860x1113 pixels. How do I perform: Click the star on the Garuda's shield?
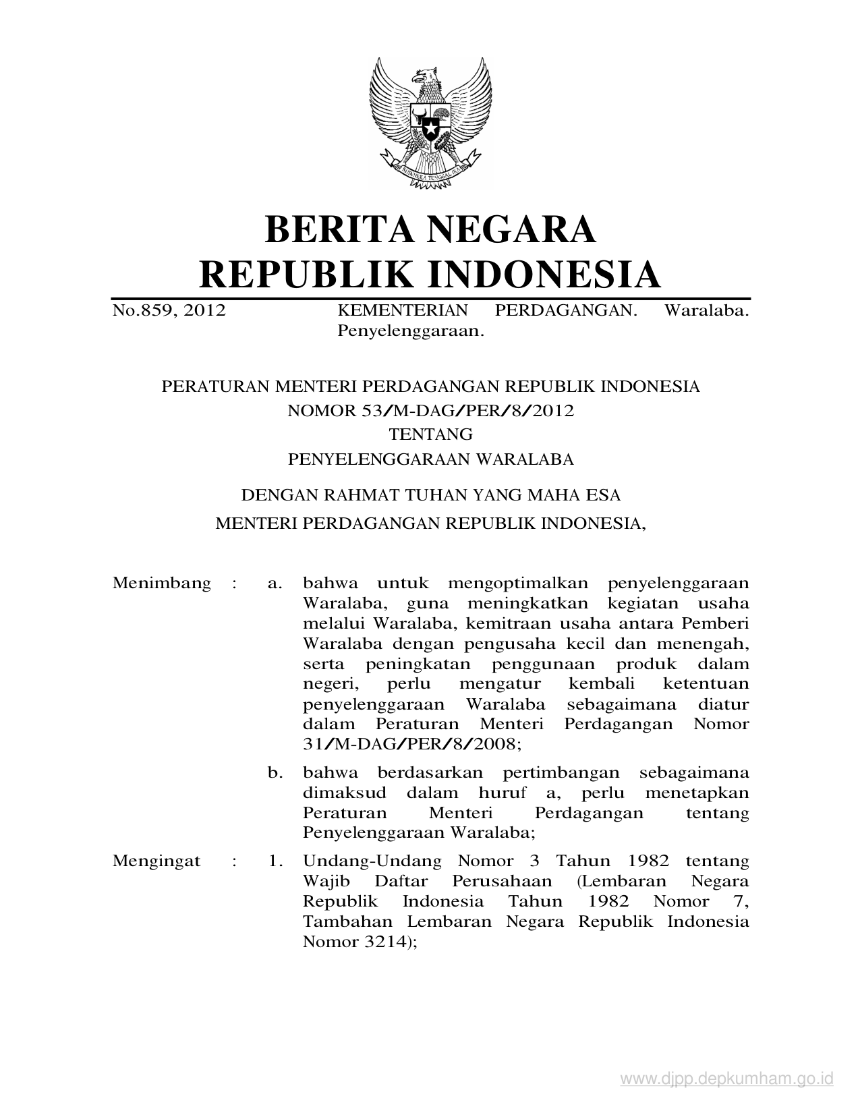tap(430, 126)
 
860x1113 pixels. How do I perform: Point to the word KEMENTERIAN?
tap(402, 311)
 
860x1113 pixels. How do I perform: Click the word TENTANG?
tap(430, 434)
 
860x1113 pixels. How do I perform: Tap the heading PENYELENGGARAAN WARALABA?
tap(430, 459)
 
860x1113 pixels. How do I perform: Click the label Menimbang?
tap(162, 583)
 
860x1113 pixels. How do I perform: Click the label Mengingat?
tap(156, 861)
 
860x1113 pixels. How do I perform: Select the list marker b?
tap(275, 773)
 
